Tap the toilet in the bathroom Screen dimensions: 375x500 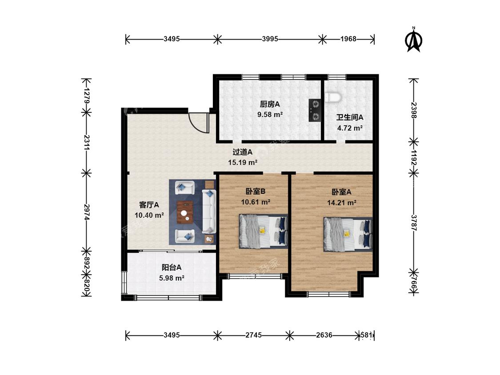pyautogui.click(x=332, y=97)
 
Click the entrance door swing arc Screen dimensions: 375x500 pyautogui.click(x=198, y=123)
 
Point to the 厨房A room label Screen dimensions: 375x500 pyautogui.click(x=270, y=104)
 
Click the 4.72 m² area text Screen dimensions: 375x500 pyautogui.click(x=350, y=128)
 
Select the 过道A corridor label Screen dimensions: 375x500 pyautogui.click(x=243, y=152)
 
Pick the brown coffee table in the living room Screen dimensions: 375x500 pyautogui.click(x=185, y=212)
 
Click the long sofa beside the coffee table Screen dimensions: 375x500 pyautogui.click(x=208, y=211)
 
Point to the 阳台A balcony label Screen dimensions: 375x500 pyautogui.click(x=172, y=267)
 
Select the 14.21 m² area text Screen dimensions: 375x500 pyautogui.click(x=341, y=203)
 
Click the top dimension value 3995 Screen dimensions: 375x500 pyautogui.click(x=270, y=39)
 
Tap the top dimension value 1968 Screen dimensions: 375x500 pyautogui.click(x=348, y=39)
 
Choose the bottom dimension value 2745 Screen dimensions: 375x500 pyautogui.click(x=253, y=335)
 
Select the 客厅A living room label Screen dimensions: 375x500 pyautogui.click(x=149, y=205)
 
